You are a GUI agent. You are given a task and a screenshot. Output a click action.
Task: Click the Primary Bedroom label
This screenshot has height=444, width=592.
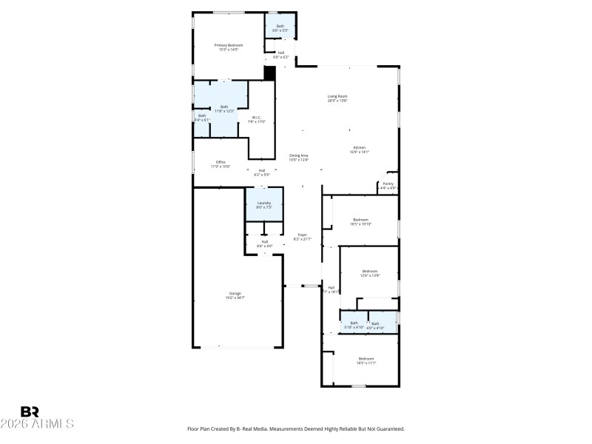[x=229, y=46]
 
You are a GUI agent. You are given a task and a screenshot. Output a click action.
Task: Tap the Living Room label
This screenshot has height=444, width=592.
[x=337, y=96]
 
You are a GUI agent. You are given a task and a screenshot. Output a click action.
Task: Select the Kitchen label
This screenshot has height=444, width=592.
[x=359, y=147]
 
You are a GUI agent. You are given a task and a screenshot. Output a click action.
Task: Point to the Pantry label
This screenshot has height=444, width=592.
[x=388, y=184]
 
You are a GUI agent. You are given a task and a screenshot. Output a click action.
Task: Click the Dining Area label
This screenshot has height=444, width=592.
[x=298, y=155]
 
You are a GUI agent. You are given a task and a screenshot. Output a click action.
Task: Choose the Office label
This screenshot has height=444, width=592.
[x=220, y=162]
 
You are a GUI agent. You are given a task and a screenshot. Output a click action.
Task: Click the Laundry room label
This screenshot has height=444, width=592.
[x=264, y=203]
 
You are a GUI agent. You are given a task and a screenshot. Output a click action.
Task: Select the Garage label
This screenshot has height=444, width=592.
[x=235, y=294]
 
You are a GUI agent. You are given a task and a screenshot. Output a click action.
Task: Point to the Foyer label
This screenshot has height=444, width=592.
[x=302, y=235]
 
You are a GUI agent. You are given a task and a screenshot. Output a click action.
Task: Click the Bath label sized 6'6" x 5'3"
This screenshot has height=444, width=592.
[x=280, y=27]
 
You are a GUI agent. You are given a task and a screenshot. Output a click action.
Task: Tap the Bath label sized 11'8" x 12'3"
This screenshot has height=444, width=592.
[x=224, y=107]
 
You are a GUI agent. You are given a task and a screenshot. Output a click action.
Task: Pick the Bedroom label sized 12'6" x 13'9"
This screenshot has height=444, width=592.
[x=370, y=271]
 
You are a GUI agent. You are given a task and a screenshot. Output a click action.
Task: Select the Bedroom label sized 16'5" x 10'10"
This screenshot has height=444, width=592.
[x=360, y=220]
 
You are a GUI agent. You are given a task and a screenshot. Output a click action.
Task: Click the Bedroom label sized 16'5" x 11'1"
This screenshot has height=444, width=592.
[x=366, y=359]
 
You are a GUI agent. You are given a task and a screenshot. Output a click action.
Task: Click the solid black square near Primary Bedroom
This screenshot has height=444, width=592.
[x=269, y=73]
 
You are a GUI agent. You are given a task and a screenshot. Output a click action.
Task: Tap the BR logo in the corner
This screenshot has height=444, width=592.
[x=30, y=411]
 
